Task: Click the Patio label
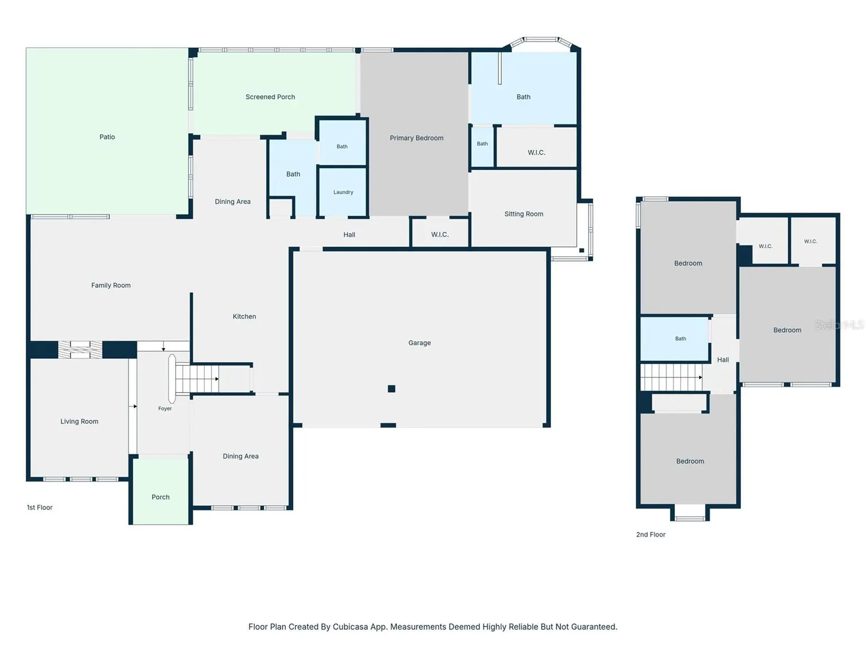[x=107, y=137]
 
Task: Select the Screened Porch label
[x=270, y=97]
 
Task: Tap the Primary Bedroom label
[x=416, y=138]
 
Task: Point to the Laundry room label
[x=343, y=192]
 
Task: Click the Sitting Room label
[x=524, y=214]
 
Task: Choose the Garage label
[x=419, y=343]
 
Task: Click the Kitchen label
[x=244, y=317]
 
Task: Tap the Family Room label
[x=111, y=285]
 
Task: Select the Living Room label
[x=79, y=421]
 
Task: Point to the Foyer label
[x=165, y=408]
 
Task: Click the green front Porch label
[x=161, y=497]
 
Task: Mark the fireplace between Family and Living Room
[x=80, y=349]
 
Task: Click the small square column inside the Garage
[x=391, y=389]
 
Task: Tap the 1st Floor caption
[x=39, y=508]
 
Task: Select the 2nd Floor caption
[x=651, y=535]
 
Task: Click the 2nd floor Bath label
[x=681, y=339]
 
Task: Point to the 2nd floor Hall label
[x=723, y=360]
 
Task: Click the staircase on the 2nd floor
[x=671, y=377]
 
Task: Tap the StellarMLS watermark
[x=839, y=324]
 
